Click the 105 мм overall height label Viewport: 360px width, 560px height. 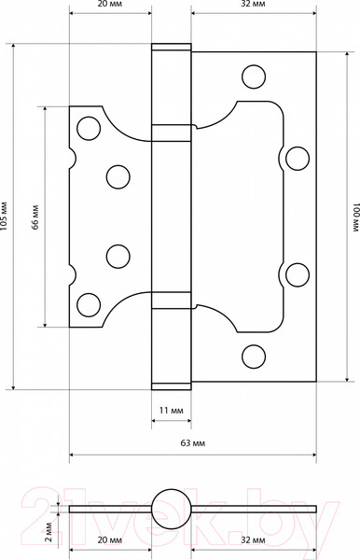tap(4, 217)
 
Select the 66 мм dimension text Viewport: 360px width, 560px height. tap(35, 217)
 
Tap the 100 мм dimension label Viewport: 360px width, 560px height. tap(356, 217)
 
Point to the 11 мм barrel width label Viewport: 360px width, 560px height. tap(172, 411)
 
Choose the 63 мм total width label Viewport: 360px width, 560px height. tap(193, 443)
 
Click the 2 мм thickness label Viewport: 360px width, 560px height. tap(49, 531)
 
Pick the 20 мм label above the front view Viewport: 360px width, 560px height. tap(110, 5)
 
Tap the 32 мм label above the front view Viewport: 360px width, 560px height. tap(253, 5)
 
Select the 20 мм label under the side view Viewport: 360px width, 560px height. tap(110, 539)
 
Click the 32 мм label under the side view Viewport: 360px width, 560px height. tap(253, 539)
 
